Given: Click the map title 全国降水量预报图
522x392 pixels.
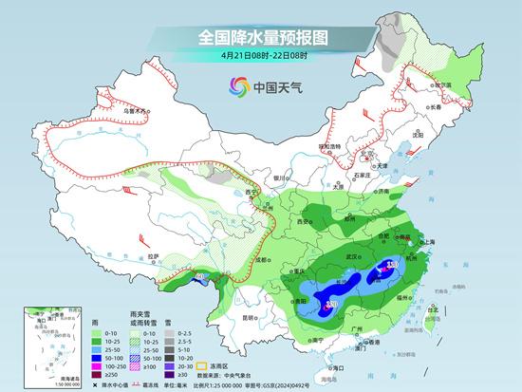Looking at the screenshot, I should point(262,37).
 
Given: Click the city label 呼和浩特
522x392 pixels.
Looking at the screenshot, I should point(327,146).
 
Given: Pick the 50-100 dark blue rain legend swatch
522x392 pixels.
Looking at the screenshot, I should point(100,357).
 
